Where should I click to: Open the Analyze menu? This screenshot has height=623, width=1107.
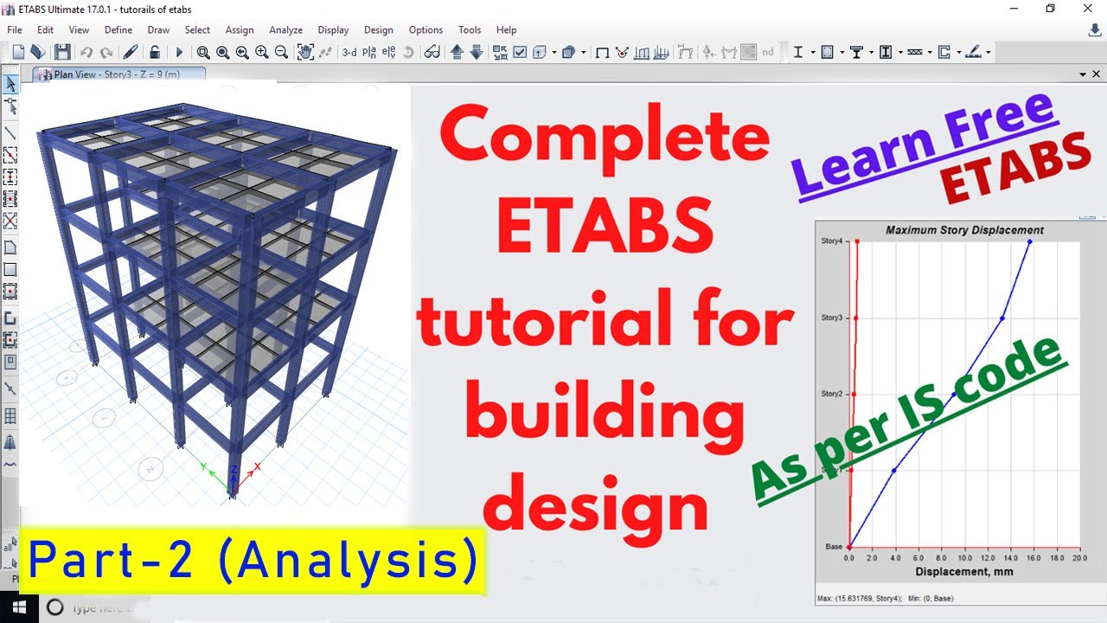click(285, 29)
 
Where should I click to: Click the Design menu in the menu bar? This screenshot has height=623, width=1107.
click(378, 29)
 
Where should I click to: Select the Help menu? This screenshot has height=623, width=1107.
click(506, 29)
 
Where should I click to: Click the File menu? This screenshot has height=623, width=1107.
click(15, 29)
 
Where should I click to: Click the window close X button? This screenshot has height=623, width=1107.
click(1087, 9)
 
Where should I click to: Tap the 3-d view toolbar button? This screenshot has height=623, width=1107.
click(349, 52)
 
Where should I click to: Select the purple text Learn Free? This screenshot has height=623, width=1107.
click(924, 143)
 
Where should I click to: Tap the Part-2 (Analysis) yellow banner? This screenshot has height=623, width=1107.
click(253, 561)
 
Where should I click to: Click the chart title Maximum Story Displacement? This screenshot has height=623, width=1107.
click(964, 230)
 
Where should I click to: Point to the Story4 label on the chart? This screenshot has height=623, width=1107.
click(831, 241)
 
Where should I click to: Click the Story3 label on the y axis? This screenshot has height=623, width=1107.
click(831, 318)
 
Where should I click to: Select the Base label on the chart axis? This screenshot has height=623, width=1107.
click(834, 547)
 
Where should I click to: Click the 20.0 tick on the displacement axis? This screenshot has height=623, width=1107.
click(1079, 559)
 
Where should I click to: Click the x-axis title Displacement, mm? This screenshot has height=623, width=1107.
click(964, 572)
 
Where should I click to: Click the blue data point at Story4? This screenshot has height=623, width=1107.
click(1030, 241)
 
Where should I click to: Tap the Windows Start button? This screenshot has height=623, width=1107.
click(17, 607)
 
